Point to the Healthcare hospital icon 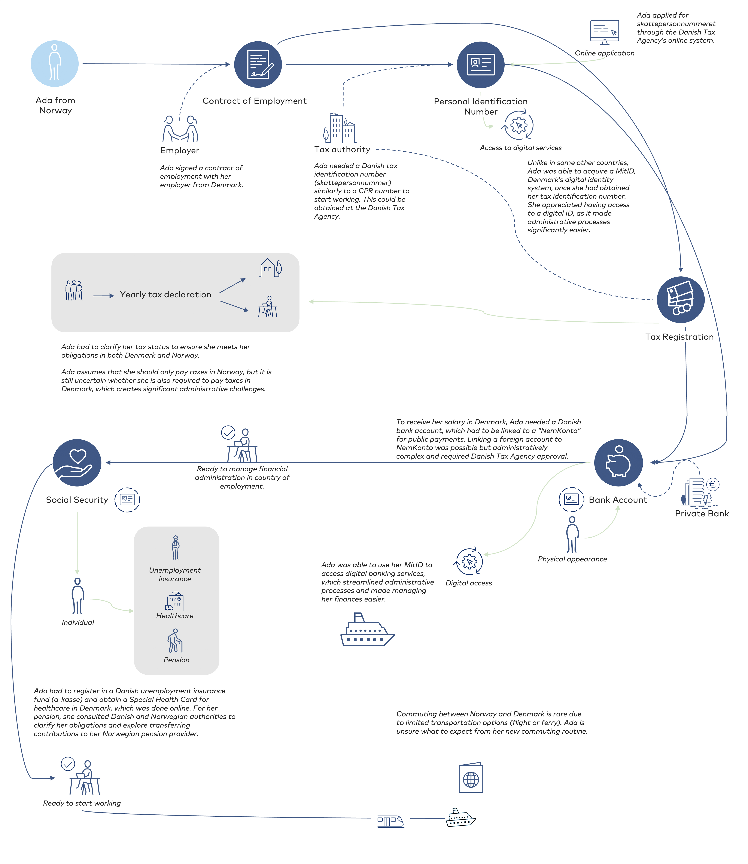click(175, 601)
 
